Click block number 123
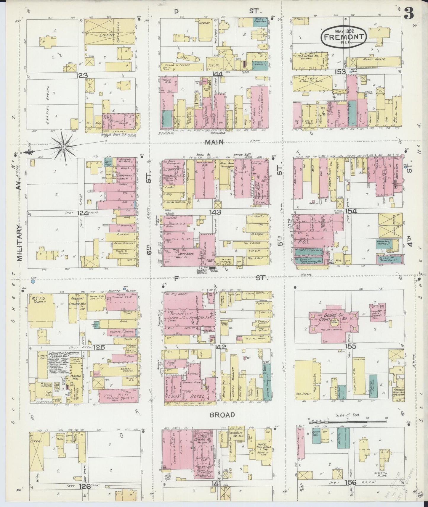(x=81, y=76)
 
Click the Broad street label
(x=222, y=415)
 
